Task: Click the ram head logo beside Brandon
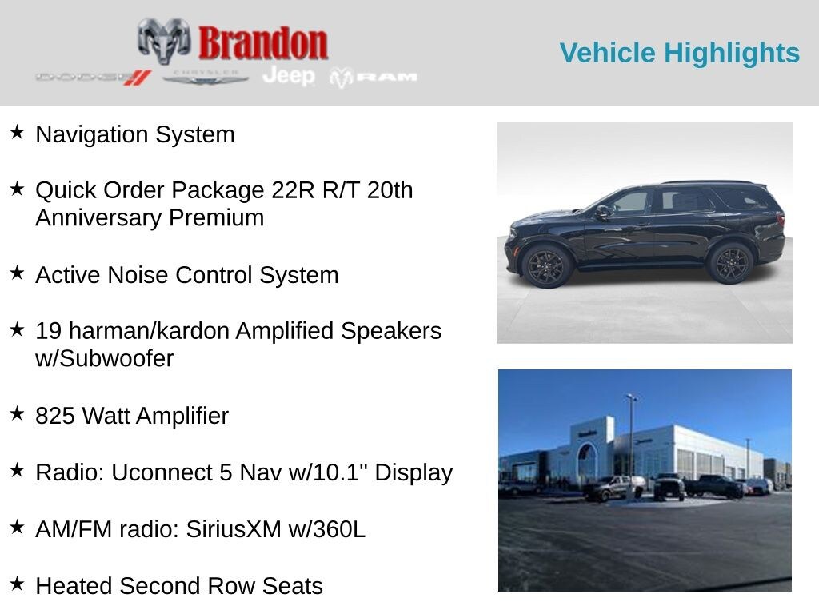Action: [x=163, y=41]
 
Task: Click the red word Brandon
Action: [x=262, y=43]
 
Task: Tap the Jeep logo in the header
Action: [x=289, y=76]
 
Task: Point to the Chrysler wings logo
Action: [x=205, y=78]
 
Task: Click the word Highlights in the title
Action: [x=732, y=54]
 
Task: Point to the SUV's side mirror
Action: [x=602, y=211]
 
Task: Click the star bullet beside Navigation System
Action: [x=18, y=132]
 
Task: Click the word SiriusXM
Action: [x=234, y=529]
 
